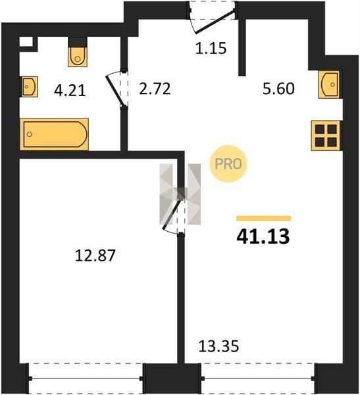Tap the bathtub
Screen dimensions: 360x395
click(55, 134)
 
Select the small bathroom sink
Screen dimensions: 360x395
click(29, 87)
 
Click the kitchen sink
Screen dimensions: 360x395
click(330, 85)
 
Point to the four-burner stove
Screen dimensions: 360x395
click(326, 136)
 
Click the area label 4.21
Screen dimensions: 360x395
click(70, 91)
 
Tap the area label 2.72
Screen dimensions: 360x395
click(155, 89)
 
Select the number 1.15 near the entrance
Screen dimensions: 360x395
click(211, 48)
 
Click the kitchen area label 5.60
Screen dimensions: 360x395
click(278, 89)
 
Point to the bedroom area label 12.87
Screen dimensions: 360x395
click(95, 255)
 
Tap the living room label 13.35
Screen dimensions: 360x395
click(219, 346)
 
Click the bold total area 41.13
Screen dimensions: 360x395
click(263, 237)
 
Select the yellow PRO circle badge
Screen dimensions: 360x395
click(228, 164)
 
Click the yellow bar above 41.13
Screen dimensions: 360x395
click(263, 219)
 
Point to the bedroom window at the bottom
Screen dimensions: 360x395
click(86, 379)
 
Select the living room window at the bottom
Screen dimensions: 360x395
click(258, 379)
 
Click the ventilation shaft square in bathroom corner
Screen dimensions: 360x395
click(26, 42)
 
